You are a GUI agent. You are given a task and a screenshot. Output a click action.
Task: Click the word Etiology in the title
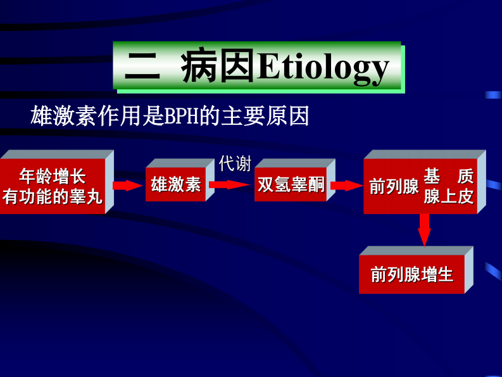point(323,67)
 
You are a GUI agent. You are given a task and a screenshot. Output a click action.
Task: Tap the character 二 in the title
point(142,67)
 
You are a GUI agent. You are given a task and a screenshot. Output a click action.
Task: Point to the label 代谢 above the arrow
point(235,163)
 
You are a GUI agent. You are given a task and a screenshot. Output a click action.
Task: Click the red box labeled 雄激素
point(176,184)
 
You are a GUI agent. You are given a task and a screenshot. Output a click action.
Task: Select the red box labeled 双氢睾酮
point(291,184)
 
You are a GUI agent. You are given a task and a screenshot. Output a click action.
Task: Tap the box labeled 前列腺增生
point(412,275)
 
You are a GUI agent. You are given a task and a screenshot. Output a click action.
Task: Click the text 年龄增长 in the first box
point(53,176)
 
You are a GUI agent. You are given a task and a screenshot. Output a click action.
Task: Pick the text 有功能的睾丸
point(53,196)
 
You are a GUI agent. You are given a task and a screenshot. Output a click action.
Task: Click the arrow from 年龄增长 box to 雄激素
point(128,185)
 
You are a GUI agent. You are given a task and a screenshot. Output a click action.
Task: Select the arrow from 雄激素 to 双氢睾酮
point(230,184)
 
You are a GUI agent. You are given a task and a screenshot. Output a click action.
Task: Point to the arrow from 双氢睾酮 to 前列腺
point(346,185)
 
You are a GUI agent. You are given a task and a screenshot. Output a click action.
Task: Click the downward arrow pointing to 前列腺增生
point(424,229)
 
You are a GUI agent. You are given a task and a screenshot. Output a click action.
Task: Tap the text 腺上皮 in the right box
point(449,196)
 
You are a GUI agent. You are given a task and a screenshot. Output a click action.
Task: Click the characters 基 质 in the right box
point(449,176)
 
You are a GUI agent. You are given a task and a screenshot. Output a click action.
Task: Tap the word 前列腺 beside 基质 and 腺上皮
point(394,186)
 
